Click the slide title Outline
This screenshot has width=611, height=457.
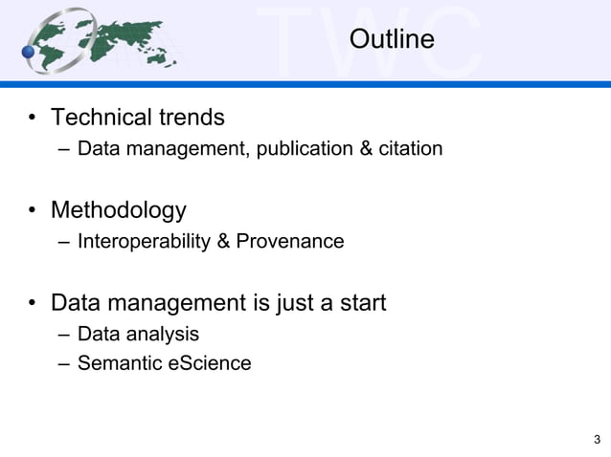coord(392,40)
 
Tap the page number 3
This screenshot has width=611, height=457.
coord(598,440)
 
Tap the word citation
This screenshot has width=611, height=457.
coord(410,149)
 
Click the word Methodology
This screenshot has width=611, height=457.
coord(118,209)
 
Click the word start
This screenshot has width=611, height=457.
coord(360,303)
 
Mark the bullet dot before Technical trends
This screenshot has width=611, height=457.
coord(33,119)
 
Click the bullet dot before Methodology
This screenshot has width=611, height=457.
coord(33,210)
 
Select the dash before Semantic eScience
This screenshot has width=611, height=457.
coord(63,363)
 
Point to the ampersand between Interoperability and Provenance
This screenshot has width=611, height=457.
coord(223,241)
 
